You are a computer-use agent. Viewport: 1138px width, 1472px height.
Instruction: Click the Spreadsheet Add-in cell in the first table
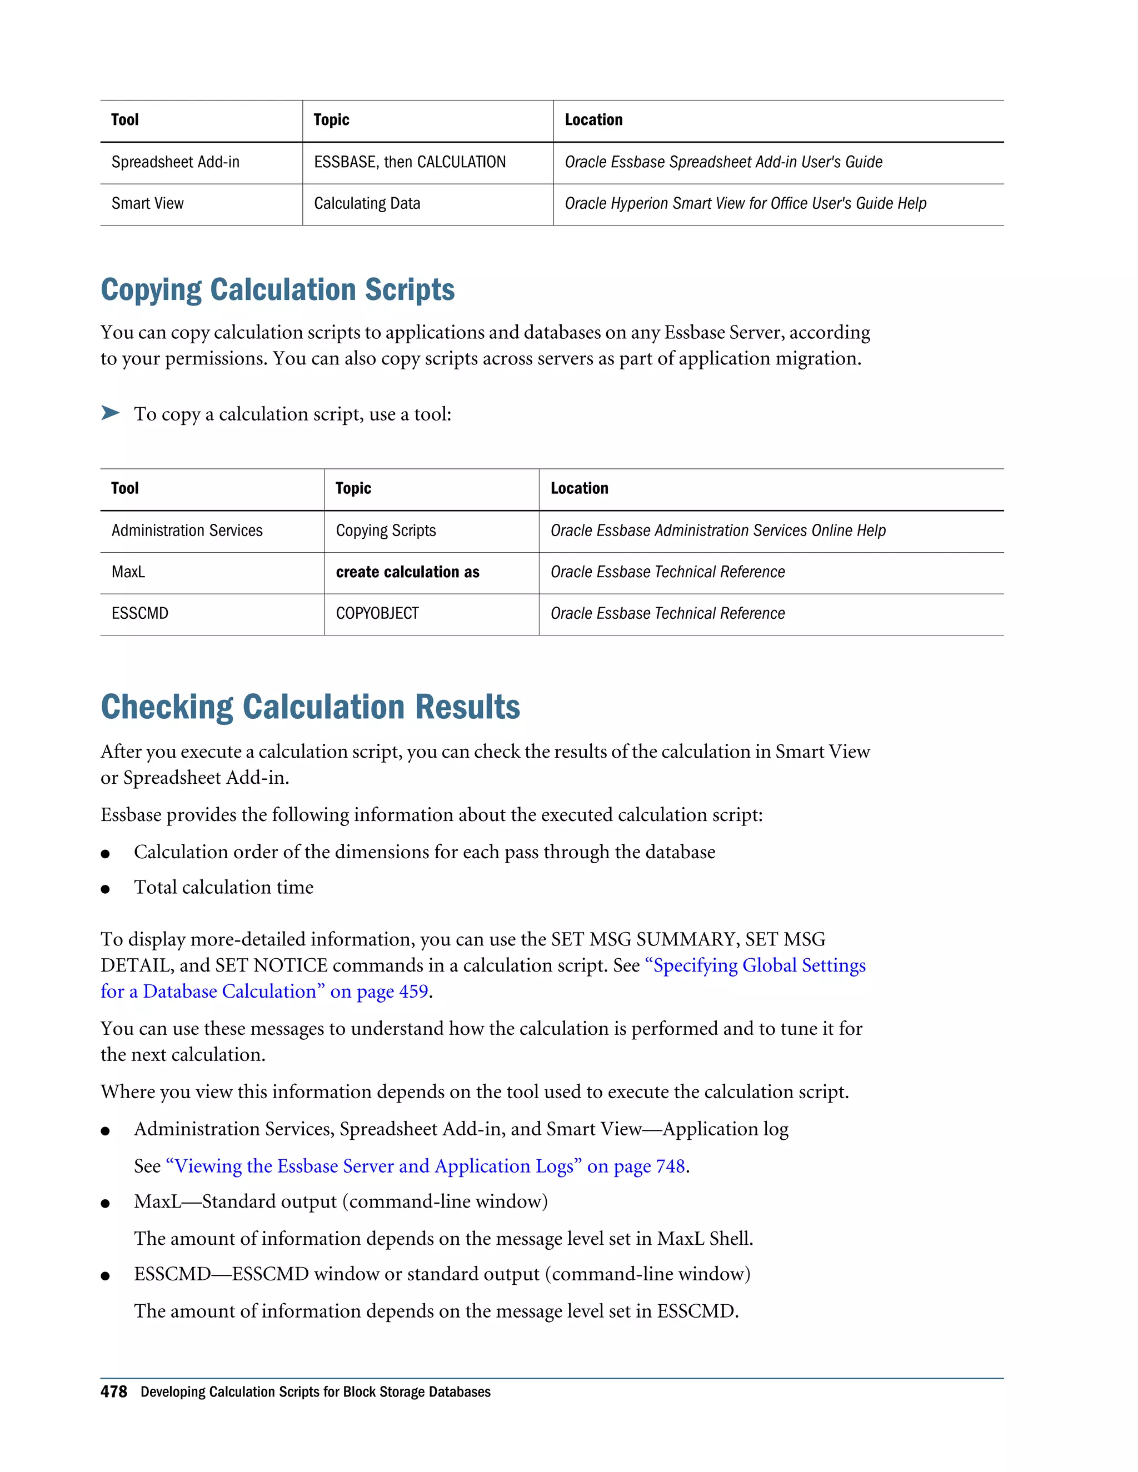(175, 162)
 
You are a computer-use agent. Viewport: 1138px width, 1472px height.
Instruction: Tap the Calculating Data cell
(367, 203)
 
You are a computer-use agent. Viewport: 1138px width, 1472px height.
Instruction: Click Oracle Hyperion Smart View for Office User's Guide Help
(745, 203)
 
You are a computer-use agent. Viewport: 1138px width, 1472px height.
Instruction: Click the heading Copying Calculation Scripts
(277, 290)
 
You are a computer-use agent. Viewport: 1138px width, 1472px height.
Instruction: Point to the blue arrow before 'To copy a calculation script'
(110, 413)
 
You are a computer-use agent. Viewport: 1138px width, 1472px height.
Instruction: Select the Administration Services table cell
(187, 531)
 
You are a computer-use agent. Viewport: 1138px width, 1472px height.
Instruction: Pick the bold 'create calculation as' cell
(407, 572)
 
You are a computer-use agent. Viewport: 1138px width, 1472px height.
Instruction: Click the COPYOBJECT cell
(377, 613)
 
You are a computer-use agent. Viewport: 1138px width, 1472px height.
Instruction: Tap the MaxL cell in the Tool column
(128, 572)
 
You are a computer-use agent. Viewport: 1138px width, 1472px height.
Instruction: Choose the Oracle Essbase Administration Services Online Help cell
(717, 531)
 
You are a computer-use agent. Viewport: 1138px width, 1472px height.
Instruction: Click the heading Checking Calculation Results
(310, 707)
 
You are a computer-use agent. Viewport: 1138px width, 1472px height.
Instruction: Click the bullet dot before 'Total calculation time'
(105, 889)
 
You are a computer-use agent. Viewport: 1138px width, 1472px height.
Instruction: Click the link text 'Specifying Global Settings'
(755, 966)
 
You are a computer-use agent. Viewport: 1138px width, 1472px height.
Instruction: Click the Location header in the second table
(579, 489)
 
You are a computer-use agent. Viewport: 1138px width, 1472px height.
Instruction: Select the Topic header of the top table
(331, 120)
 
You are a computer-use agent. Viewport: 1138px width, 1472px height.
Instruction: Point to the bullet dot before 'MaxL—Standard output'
(105, 1203)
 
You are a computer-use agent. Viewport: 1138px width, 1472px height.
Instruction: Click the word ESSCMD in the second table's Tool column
(139, 613)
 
